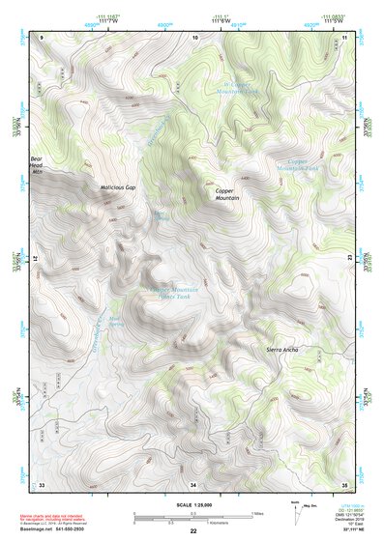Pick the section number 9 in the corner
(43, 36)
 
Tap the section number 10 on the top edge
(195, 36)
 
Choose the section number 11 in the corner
(344, 36)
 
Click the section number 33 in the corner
(42, 483)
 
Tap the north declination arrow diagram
(296, 509)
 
